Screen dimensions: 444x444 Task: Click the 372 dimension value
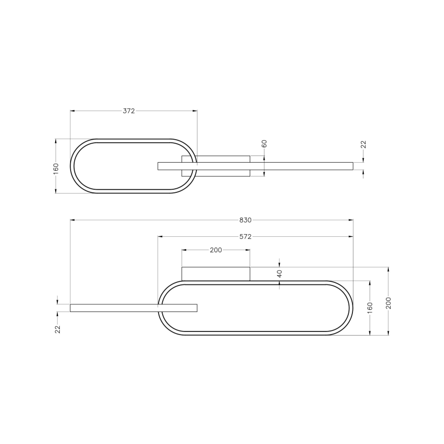click(x=129, y=111)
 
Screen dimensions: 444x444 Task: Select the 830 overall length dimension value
click(x=245, y=220)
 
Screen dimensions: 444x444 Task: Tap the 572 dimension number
click(x=246, y=237)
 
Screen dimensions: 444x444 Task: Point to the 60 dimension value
click(x=264, y=144)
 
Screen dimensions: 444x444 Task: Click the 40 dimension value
click(x=279, y=274)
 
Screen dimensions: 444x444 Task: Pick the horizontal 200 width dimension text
click(x=215, y=250)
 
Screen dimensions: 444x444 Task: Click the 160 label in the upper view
click(x=56, y=168)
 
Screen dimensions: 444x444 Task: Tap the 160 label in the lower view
click(x=370, y=308)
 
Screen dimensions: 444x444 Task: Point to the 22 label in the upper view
click(x=363, y=145)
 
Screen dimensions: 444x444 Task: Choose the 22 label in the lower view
click(x=58, y=329)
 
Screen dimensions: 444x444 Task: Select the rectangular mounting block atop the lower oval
click(x=216, y=274)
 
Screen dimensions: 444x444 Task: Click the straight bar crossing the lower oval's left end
click(x=133, y=308)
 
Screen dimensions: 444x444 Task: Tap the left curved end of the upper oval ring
click(x=73, y=166)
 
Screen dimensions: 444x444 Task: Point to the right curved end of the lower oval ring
click(x=351, y=308)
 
